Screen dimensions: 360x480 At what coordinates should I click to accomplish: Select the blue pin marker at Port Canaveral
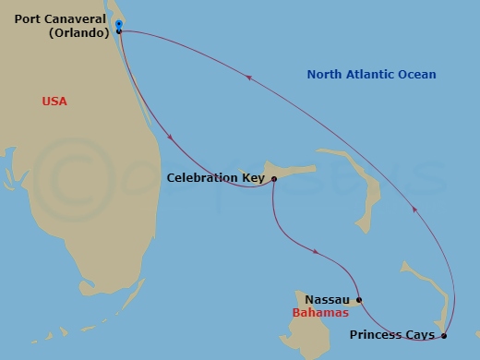(119, 25)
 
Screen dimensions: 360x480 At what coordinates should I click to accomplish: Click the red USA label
(54, 101)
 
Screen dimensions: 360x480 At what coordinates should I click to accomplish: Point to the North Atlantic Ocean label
(371, 75)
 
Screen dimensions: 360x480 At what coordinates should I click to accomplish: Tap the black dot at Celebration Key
(274, 179)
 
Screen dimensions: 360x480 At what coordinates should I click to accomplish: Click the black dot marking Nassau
(359, 299)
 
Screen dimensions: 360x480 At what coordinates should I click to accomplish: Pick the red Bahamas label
(318, 313)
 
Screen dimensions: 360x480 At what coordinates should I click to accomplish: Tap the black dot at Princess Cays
(444, 335)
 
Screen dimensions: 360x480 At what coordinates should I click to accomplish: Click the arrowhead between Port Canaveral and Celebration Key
(173, 139)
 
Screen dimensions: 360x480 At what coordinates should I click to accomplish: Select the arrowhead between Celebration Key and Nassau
(317, 251)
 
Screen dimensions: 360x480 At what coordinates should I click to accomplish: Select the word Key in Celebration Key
(252, 178)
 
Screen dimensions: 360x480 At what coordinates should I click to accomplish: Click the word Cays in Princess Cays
(420, 335)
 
